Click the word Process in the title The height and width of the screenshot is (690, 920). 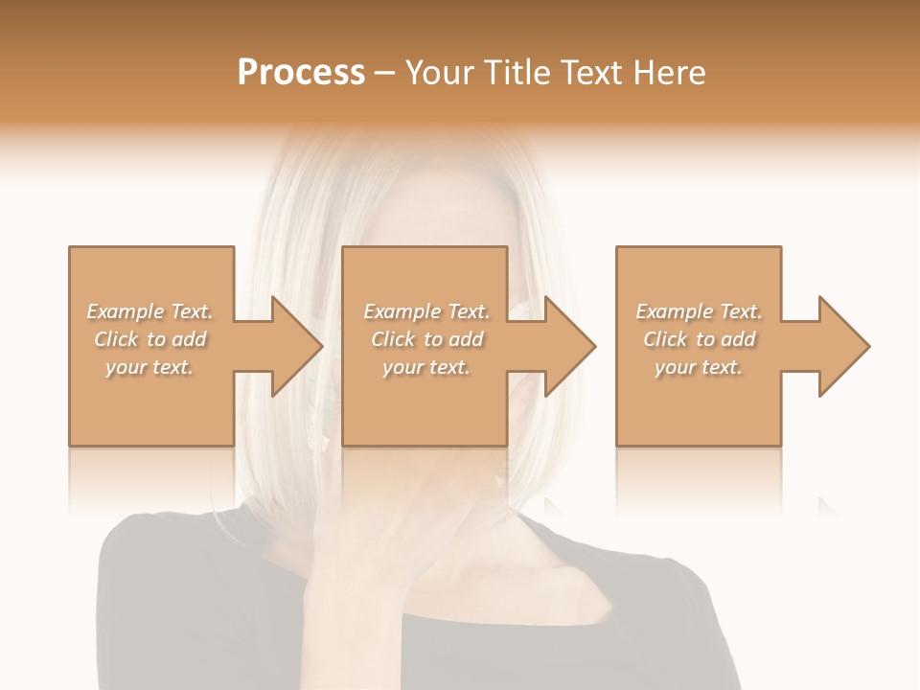click(301, 73)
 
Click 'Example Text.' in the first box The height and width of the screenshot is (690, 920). click(150, 311)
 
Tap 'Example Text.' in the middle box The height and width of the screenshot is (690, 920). click(426, 311)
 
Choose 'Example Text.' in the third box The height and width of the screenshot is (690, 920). click(699, 311)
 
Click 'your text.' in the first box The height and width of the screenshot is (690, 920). click(149, 367)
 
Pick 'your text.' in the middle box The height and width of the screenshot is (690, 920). click(426, 367)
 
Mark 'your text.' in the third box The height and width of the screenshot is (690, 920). click(699, 367)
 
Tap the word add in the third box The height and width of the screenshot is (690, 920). click(737, 339)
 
